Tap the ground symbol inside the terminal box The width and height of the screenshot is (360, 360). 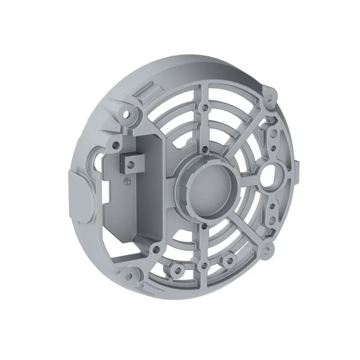point(126,179)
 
